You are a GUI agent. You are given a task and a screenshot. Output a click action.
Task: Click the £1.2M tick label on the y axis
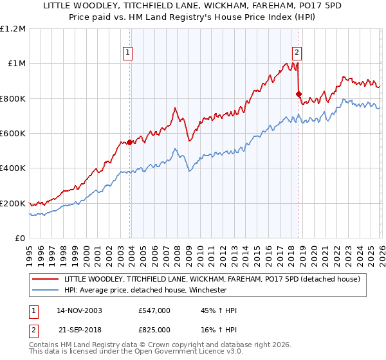click(14, 28)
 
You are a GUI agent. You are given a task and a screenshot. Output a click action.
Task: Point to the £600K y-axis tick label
click(14, 133)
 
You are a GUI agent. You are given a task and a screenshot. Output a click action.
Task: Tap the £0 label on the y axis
click(20, 238)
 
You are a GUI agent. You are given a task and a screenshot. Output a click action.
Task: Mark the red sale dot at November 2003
click(130, 142)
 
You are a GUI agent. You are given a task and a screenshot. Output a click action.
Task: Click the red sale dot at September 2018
click(299, 94)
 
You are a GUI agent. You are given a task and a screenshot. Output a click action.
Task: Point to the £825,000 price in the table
click(154, 329)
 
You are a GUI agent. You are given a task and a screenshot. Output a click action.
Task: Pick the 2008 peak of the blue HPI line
click(174, 149)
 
